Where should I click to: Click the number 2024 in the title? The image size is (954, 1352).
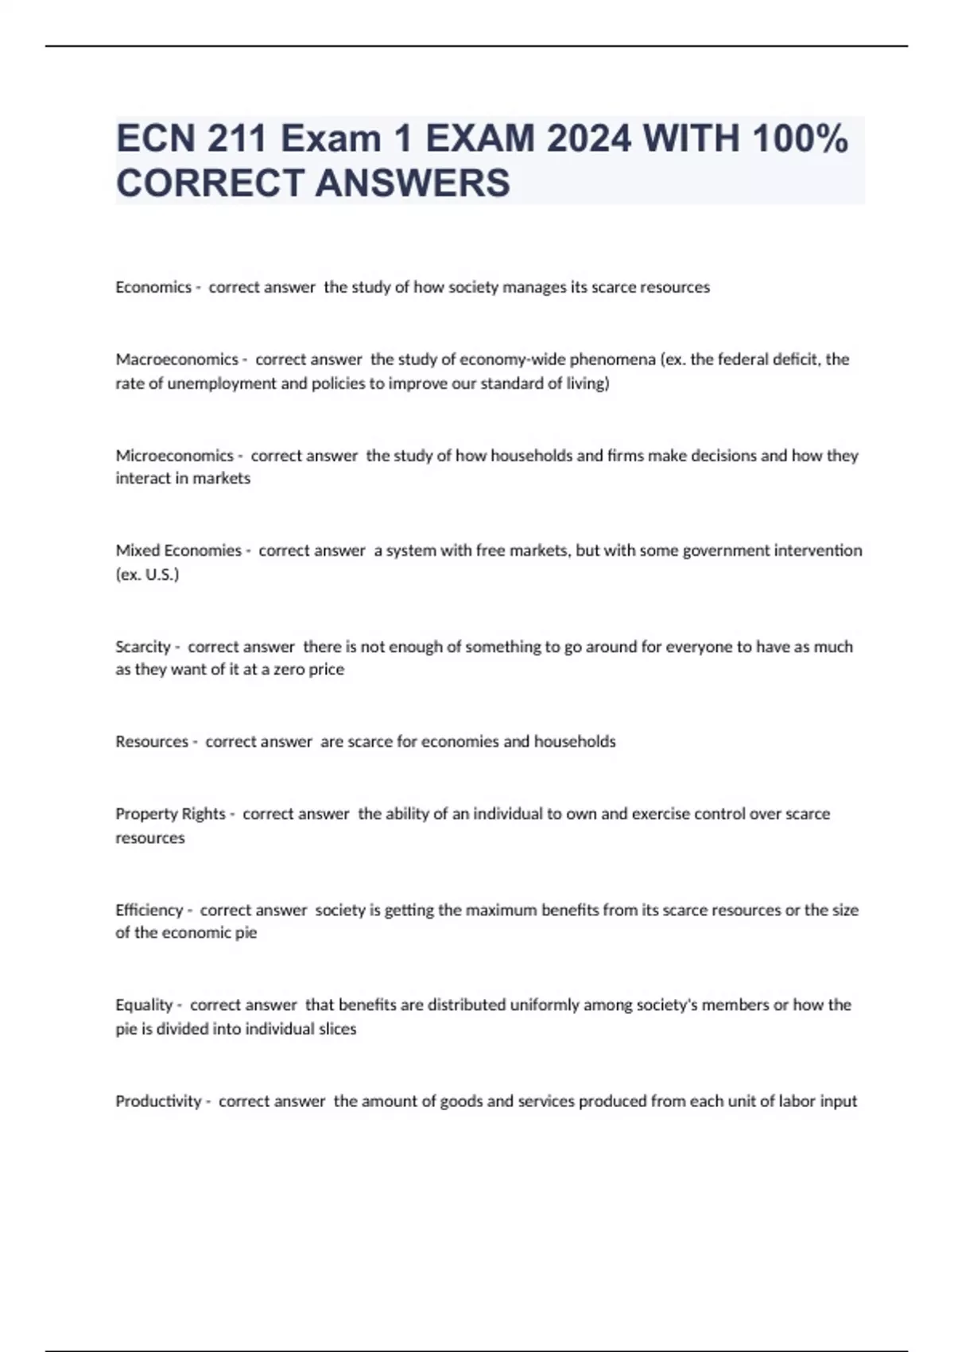588,139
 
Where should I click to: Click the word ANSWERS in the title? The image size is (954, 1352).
413,184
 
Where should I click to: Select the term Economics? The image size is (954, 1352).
153,287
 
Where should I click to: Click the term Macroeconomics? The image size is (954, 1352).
176,359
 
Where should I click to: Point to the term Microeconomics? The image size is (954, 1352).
174,456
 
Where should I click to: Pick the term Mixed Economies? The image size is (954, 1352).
178,550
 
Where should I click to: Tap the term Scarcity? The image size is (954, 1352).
143,647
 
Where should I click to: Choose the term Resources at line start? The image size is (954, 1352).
152,741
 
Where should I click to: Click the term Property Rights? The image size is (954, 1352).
170,814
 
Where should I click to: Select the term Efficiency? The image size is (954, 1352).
149,910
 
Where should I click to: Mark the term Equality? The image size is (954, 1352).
144,1004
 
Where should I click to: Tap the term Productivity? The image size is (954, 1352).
158,1101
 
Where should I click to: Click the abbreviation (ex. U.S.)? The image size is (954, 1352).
148,574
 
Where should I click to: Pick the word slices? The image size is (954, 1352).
337,1029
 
